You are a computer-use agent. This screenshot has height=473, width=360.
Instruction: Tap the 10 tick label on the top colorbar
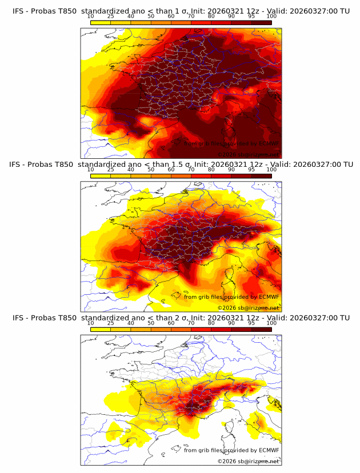90,17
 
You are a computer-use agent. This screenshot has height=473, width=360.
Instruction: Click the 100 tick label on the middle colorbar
271,170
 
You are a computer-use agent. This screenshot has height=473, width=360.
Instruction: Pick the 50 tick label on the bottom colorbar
151,323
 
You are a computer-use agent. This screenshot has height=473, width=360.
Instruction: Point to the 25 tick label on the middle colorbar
110,170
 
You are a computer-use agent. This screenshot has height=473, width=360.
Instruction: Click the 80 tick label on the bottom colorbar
211,323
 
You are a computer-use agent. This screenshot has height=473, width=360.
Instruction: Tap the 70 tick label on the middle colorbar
191,170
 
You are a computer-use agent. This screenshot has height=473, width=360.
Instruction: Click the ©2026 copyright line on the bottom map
248,461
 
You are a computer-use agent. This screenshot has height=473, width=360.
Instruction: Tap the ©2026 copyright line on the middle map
248,307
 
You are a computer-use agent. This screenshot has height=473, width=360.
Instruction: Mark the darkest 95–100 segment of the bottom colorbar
262,329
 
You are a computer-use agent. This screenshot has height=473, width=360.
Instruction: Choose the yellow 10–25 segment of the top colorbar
101,22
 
